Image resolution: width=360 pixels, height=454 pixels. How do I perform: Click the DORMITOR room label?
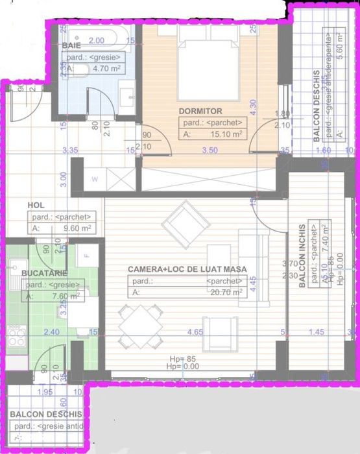point(200,111)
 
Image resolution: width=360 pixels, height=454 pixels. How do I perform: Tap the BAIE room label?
point(71,45)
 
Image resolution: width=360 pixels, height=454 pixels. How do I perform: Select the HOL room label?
point(36,206)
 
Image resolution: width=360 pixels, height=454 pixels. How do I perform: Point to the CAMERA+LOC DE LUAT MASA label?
point(187,269)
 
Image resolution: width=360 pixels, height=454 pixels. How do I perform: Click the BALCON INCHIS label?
point(302,257)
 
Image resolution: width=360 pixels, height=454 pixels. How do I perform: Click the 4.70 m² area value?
point(95,67)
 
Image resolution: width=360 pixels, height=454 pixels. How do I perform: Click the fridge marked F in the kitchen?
point(86,256)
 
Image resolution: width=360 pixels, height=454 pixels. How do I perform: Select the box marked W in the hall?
point(95,178)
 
